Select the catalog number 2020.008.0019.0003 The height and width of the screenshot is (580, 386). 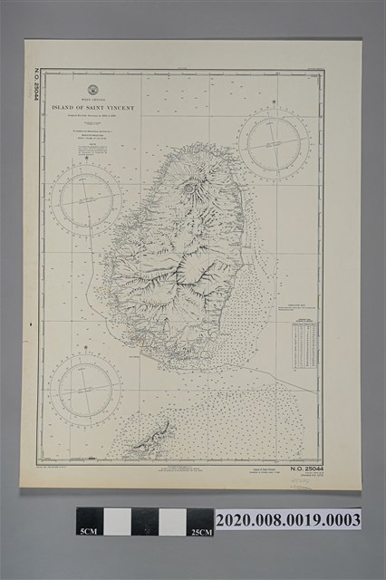pyautogui.click(x=287, y=520)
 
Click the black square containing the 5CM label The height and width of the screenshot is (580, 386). pyautogui.click(x=89, y=521)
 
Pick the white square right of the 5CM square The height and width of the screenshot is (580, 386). pyautogui.click(x=117, y=521)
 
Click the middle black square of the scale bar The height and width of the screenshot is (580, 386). pyautogui.click(x=143, y=521)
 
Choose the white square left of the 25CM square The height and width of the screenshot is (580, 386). pyautogui.click(x=171, y=521)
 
